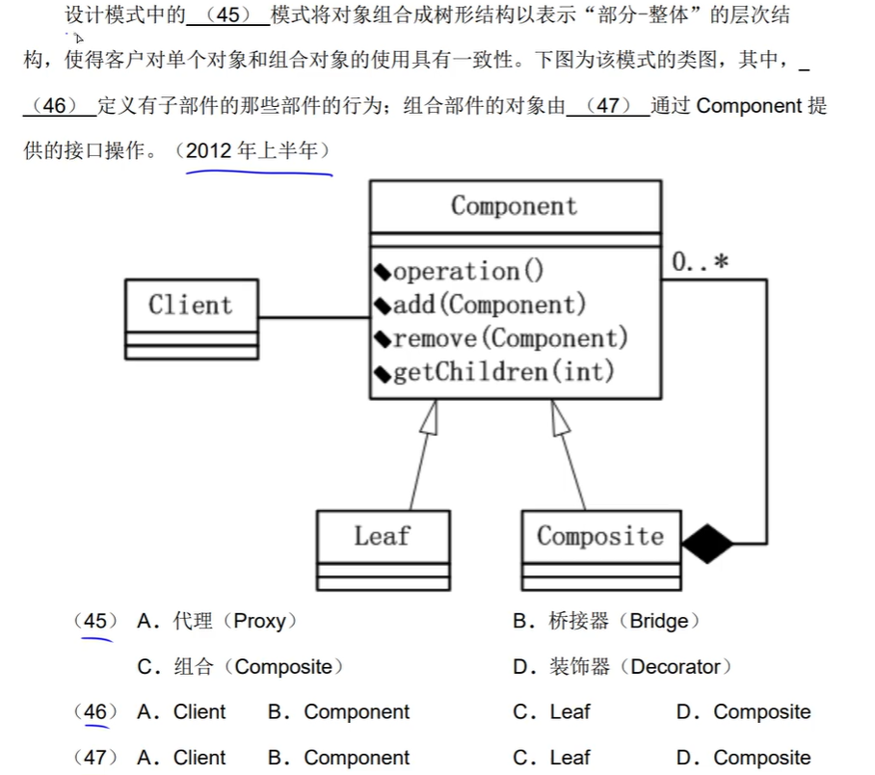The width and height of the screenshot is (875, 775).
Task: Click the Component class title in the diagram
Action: click(x=515, y=206)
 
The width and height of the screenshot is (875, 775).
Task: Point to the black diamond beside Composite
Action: click(x=707, y=544)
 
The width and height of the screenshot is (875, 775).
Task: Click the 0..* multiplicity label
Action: click(x=700, y=262)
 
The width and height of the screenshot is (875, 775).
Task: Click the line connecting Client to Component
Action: click(x=314, y=317)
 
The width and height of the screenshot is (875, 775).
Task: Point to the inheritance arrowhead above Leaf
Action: click(x=430, y=415)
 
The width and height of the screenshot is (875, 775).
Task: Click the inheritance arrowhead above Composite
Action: click(x=560, y=415)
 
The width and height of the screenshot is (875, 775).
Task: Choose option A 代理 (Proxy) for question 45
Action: click(x=217, y=622)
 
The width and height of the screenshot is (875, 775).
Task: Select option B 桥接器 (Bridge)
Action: click(x=606, y=622)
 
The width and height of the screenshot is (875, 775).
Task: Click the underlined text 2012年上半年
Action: click(x=257, y=151)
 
